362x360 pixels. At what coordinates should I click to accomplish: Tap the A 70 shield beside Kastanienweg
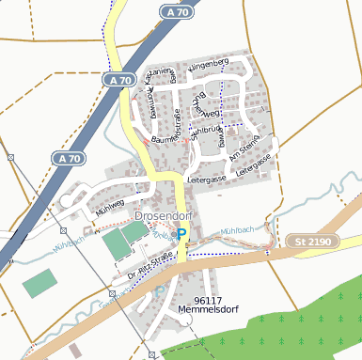click(119, 82)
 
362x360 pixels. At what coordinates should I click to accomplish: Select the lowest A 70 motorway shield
click(69, 159)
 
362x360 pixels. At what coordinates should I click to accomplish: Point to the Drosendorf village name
click(163, 216)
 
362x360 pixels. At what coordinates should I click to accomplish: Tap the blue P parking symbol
click(183, 234)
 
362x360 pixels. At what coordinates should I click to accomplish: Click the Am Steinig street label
click(244, 148)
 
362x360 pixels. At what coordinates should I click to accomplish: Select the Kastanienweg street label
click(159, 74)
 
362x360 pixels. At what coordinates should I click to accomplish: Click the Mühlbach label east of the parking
click(236, 230)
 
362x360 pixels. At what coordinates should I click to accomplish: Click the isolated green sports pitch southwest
click(39, 282)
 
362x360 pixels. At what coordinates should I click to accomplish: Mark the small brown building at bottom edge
click(74, 351)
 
